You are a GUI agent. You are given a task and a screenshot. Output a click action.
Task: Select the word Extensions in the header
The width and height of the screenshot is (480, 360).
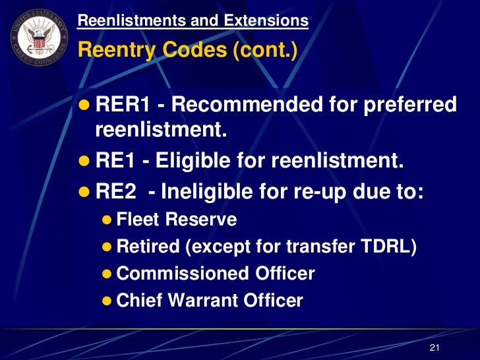(x=268, y=20)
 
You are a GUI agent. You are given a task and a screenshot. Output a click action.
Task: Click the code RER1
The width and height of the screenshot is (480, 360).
(x=123, y=104)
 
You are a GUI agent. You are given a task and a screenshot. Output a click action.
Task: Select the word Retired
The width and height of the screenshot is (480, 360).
(x=148, y=247)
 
